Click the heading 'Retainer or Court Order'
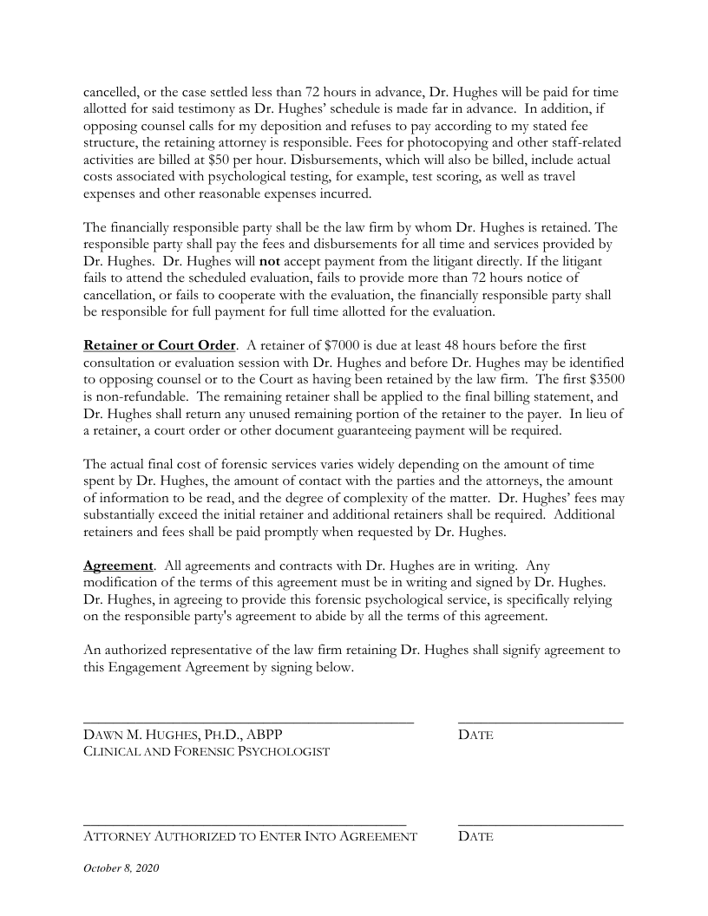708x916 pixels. tap(159, 345)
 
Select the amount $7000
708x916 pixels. tap(355, 345)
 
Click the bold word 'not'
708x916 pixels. tap(269, 260)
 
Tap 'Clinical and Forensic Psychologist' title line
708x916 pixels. tap(206, 751)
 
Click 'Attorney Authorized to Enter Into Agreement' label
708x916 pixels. tap(250, 837)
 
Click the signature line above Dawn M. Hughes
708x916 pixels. tap(248, 722)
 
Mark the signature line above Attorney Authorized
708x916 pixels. tap(245, 823)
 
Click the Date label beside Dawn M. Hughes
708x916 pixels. tap(475, 736)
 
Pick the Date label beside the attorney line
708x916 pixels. tap(475, 837)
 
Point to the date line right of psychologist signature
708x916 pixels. tap(540, 722)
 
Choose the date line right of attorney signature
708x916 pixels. tap(540, 823)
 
